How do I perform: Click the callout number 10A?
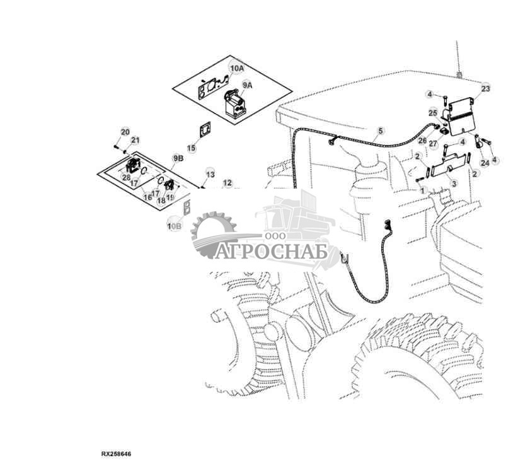coord(236,67)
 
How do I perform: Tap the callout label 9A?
coord(247,85)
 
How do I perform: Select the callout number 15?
coord(192,148)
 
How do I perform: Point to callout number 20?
coord(125,132)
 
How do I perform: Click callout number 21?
coord(135,140)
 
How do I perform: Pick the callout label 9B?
coord(178,158)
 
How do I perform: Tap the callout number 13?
coord(210,173)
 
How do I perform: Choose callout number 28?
coord(127,178)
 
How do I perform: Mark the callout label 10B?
coord(174,225)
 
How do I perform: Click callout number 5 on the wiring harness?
coord(380,131)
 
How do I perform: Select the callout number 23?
coord(485,89)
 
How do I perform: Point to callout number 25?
coord(432,112)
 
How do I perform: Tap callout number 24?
coord(484,162)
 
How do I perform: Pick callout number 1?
coord(423,190)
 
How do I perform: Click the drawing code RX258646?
coord(117,453)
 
